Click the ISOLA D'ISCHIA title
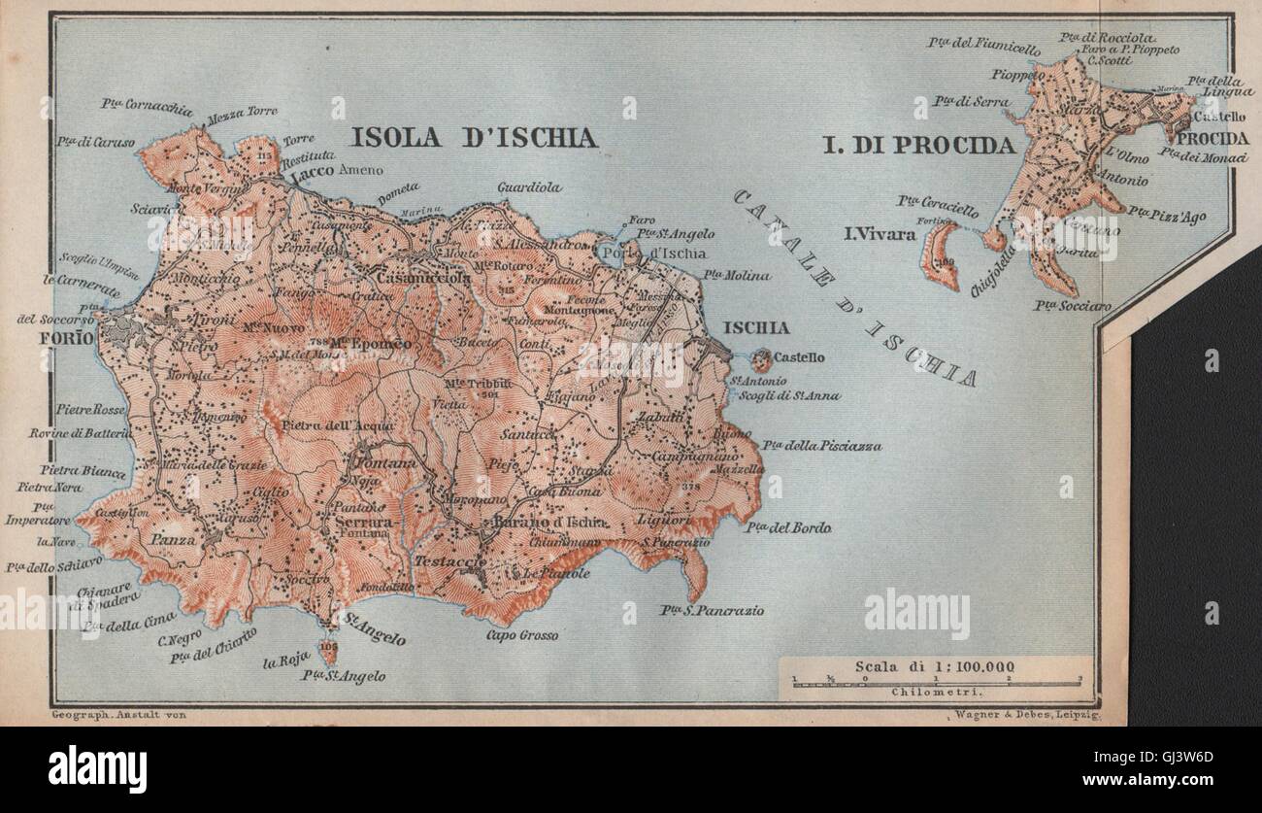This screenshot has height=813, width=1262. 474,137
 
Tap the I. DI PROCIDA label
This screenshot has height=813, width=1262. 918,146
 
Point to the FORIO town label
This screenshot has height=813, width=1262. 67,338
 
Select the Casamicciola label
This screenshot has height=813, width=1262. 412,278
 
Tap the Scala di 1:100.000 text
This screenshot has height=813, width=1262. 935,666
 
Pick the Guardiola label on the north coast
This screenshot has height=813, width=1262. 529,187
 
